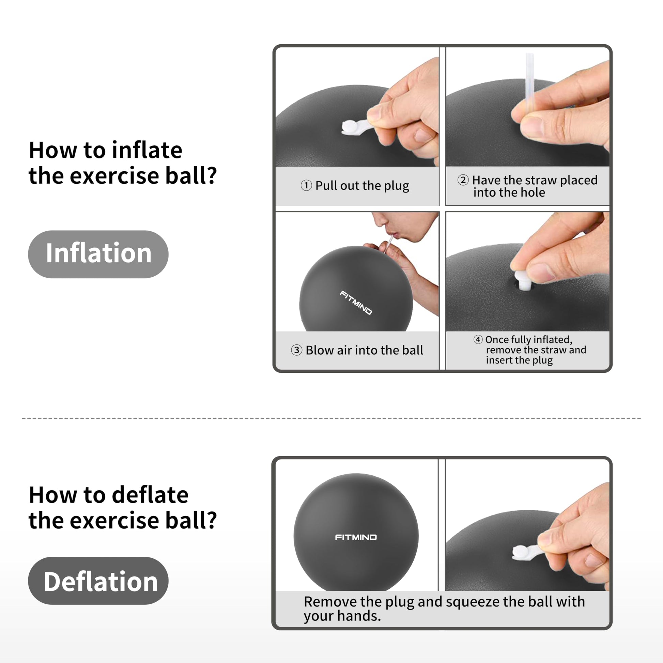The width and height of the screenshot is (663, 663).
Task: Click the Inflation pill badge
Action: coord(98,254)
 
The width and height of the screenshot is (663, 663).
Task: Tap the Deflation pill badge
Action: coord(98,581)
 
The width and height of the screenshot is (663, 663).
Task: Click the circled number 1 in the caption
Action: coord(306,186)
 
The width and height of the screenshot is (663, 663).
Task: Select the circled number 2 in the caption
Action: coord(463,180)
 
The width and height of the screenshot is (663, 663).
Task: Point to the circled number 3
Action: coord(296,350)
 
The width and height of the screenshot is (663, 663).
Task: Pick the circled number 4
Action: coord(478,339)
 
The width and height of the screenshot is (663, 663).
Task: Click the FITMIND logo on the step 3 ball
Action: coord(356,303)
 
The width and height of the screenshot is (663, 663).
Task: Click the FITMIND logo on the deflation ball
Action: coord(356,537)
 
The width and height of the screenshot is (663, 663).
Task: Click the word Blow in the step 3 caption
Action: coord(320,350)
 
